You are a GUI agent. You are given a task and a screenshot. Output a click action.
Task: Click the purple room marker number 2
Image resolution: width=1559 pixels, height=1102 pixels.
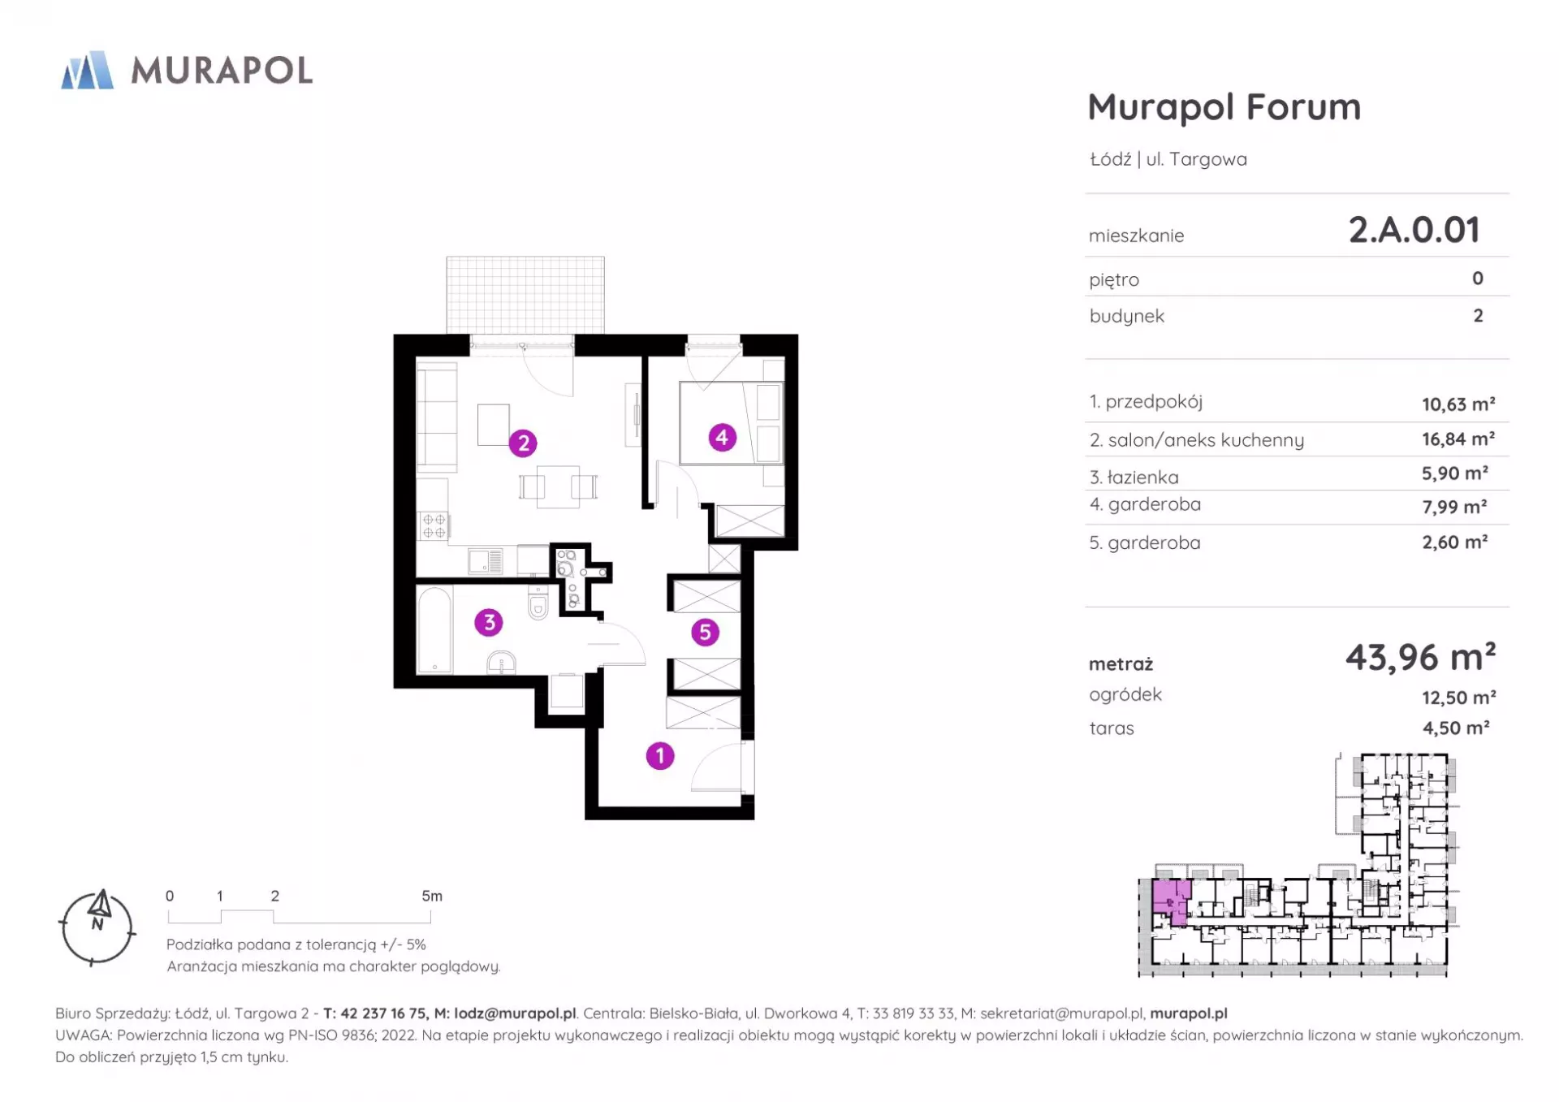click(x=523, y=443)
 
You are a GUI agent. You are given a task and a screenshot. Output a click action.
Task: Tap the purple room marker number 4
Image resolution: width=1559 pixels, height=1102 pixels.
click(x=722, y=438)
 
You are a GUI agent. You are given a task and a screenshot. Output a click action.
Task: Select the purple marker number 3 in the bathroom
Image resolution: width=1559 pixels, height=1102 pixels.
click(x=489, y=623)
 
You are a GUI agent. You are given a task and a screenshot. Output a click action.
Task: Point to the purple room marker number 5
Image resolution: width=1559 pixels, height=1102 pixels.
click(x=705, y=632)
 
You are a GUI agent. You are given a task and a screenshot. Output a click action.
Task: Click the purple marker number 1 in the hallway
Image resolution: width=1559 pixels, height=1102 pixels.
click(x=660, y=756)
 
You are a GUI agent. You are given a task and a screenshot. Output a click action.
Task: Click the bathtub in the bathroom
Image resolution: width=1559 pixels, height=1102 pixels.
click(x=434, y=629)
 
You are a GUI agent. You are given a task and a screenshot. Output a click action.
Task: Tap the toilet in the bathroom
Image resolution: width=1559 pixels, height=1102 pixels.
click(x=538, y=603)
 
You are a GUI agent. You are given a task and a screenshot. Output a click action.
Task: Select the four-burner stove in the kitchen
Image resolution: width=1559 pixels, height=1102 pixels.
click(x=433, y=526)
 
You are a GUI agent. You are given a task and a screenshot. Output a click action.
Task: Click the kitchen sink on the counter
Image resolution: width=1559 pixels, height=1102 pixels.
click(x=486, y=560)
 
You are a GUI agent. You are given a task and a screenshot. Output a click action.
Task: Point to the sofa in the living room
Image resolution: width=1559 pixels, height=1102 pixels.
click(x=437, y=417)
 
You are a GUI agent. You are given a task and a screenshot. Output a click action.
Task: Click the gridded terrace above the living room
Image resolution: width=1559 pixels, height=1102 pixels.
click(x=525, y=295)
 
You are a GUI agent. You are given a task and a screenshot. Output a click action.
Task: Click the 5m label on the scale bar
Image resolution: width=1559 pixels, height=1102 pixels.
click(x=432, y=896)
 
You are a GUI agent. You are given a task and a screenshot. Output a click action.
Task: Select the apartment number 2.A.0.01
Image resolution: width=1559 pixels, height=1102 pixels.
click(x=1414, y=230)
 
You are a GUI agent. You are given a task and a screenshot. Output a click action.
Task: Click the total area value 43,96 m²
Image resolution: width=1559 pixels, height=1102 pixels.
click(x=1421, y=657)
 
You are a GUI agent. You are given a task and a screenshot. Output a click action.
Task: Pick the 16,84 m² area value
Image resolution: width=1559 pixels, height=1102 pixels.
click(x=1458, y=439)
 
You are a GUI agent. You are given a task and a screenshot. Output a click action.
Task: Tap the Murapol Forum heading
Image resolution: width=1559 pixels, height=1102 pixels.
click(x=1224, y=106)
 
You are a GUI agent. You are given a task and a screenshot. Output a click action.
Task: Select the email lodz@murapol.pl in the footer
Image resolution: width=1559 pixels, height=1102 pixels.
click(x=515, y=1013)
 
